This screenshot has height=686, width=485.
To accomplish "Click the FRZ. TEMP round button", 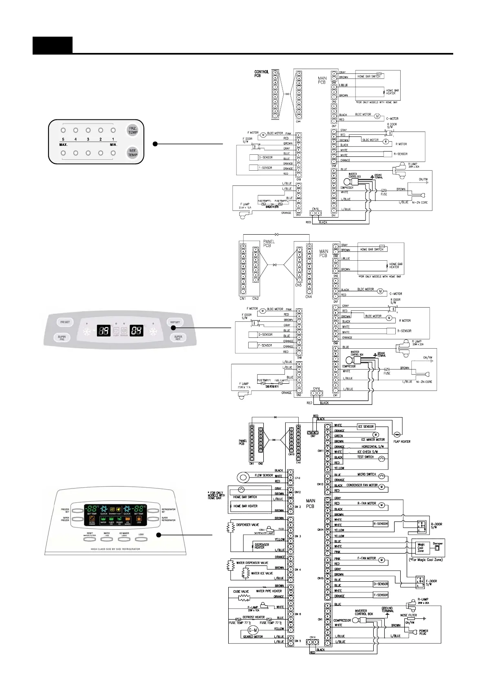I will pyautogui.click(x=133, y=130).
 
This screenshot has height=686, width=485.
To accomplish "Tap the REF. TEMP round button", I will pyautogui.click(x=133, y=153).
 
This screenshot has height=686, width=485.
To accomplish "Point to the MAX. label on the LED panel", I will pyautogui.click(x=64, y=145).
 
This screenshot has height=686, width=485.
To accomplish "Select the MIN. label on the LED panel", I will pyautogui.click(x=113, y=145).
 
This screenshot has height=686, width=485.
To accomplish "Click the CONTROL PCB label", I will pyautogui.click(x=261, y=74).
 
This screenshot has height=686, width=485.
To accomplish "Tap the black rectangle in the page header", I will pyautogui.click(x=53, y=45).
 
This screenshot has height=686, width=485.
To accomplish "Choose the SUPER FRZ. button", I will pyautogui.click(x=62, y=338).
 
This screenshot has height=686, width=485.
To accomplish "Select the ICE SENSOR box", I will pyautogui.click(x=366, y=427).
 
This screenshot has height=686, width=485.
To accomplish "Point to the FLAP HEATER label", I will pyautogui.click(x=402, y=442).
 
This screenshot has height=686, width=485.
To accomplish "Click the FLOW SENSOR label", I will pyautogui.click(x=264, y=475).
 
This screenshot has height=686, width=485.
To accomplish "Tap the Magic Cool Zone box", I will pyautogui.click(x=421, y=548).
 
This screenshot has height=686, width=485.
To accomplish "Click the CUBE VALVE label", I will pyautogui.click(x=241, y=591).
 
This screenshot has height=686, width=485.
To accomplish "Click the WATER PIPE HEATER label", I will pyautogui.click(x=269, y=591).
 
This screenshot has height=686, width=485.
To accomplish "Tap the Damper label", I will pyautogui.click(x=438, y=543).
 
